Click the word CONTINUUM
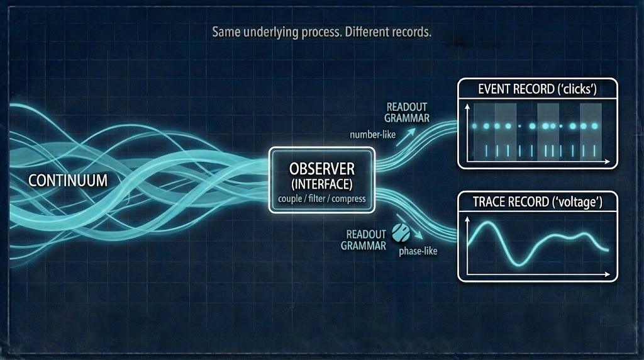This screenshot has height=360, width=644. click(x=68, y=180)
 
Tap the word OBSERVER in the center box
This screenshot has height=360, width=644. click(x=322, y=169)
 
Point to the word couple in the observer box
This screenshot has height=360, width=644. click(x=289, y=200)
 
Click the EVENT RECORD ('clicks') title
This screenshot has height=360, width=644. click(x=537, y=89)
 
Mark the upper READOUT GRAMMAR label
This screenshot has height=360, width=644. click(x=407, y=111)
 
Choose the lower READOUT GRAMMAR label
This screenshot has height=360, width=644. click(x=364, y=240)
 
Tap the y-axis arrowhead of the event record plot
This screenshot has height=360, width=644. click(x=466, y=108)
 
